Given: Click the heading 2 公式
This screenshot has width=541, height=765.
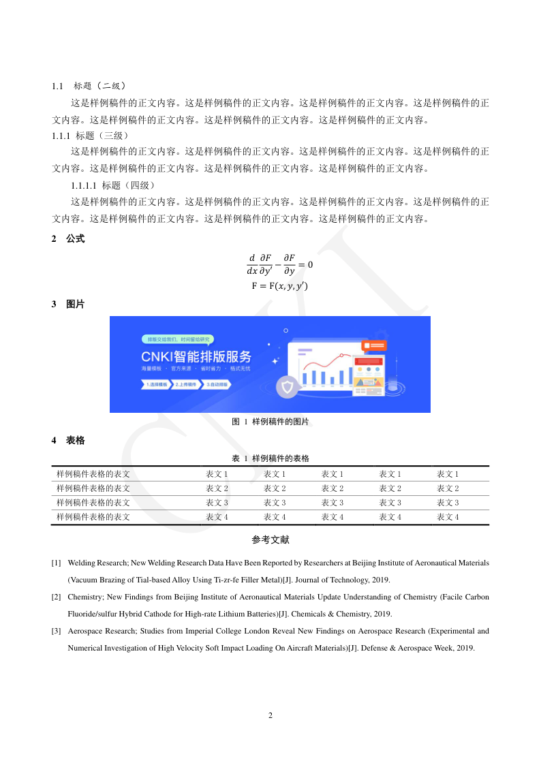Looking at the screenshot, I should click(x=68, y=239).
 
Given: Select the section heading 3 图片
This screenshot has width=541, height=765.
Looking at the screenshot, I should click(x=68, y=305).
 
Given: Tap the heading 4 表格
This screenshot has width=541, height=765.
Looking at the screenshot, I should click(x=68, y=441).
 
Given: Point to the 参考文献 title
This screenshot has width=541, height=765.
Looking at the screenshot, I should click(x=270, y=540).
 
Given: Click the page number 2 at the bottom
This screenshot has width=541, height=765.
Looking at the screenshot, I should click(x=270, y=715).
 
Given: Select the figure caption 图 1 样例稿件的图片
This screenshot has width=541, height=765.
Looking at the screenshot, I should click(x=270, y=422).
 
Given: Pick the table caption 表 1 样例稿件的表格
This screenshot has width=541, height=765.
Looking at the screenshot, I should click(x=270, y=458).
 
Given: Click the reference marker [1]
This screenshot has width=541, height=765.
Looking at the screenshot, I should click(x=57, y=563).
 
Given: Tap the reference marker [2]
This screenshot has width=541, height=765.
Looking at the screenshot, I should click(x=57, y=597).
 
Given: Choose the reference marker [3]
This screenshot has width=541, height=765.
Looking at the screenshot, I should click(x=57, y=631).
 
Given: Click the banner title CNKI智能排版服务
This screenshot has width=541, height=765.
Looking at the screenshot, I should click(x=196, y=356).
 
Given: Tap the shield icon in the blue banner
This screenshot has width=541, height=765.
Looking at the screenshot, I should click(x=287, y=388).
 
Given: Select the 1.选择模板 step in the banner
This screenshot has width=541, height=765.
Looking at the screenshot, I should click(x=156, y=385).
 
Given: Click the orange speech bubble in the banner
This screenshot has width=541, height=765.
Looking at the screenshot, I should click(x=374, y=346).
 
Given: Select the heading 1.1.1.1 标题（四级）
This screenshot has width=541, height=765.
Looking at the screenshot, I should click(x=114, y=185).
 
